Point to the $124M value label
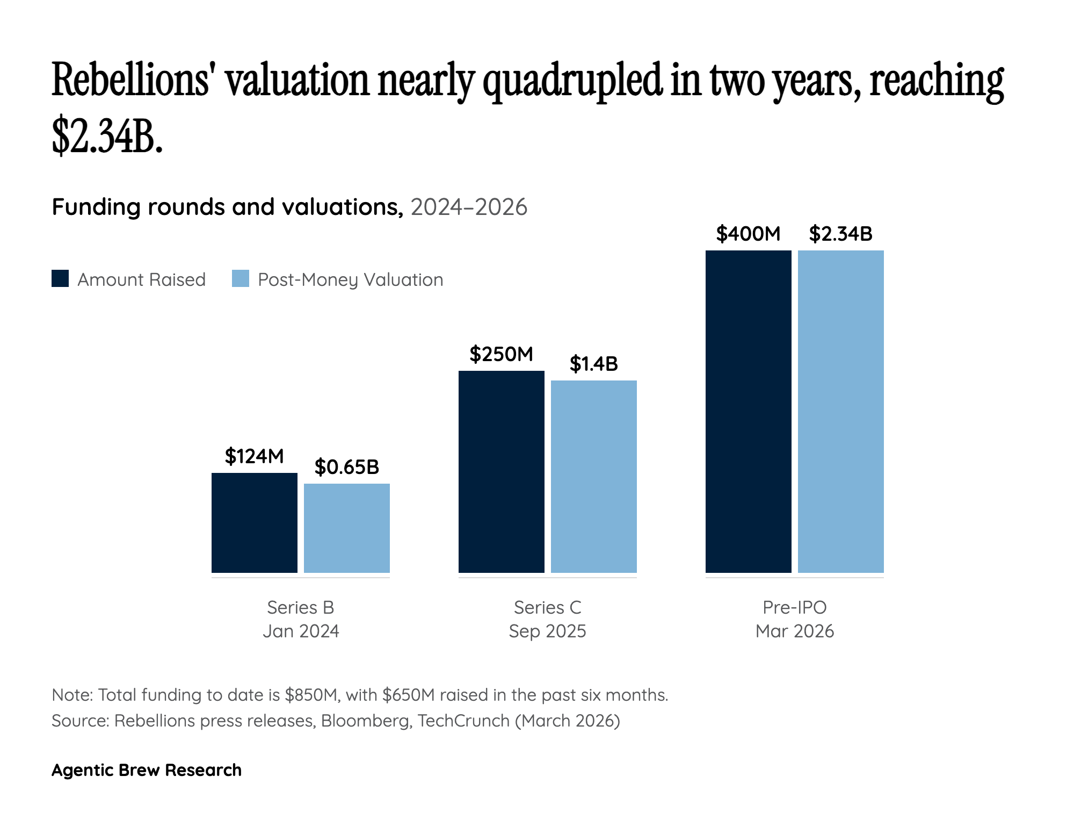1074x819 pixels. [x=254, y=456]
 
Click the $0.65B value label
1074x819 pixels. [x=346, y=467]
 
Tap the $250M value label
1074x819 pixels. [x=501, y=354]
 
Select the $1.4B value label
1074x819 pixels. [x=593, y=364]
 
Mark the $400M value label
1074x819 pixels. [x=748, y=234]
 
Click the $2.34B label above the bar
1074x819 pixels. [x=840, y=234]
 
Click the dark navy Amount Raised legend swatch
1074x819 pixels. [x=60, y=279]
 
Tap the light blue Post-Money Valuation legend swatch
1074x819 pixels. [x=241, y=279]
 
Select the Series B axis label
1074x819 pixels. [x=300, y=607]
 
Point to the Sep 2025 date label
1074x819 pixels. [x=547, y=631]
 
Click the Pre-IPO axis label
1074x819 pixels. [x=794, y=607]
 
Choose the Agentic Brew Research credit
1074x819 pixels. [x=147, y=770]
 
